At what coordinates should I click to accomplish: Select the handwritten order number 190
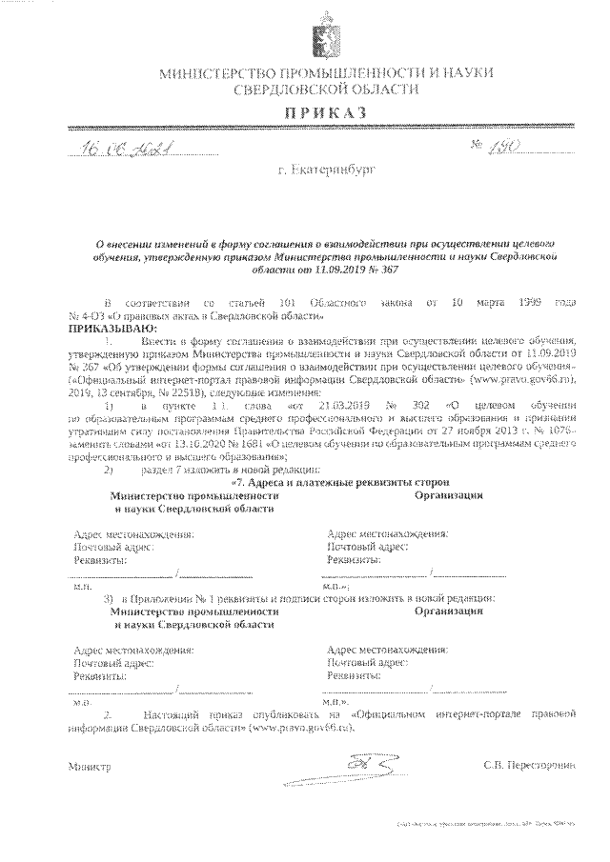[x=502, y=145]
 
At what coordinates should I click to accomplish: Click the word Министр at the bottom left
[x=90, y=766]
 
